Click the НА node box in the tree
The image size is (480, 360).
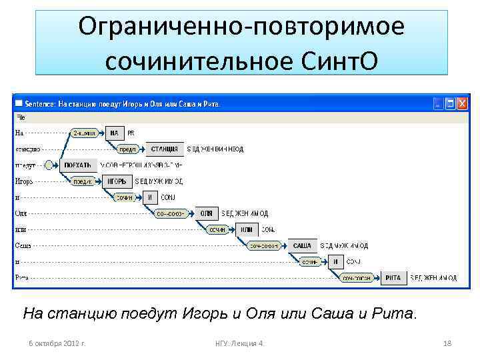coord(114,133)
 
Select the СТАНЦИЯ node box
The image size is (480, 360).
coord(165,149)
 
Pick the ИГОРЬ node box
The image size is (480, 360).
coord(117,181)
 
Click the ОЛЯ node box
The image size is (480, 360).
coord(207,213)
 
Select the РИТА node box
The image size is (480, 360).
coord(393,277)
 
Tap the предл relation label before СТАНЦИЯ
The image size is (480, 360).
coord(128,149)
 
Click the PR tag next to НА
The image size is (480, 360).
coord(131,133)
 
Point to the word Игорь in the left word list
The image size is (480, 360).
coord(23,181)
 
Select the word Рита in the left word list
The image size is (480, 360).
coord(23,277)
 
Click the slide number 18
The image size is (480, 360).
coord(447,343)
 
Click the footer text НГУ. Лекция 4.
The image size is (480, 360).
coord(240,343)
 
